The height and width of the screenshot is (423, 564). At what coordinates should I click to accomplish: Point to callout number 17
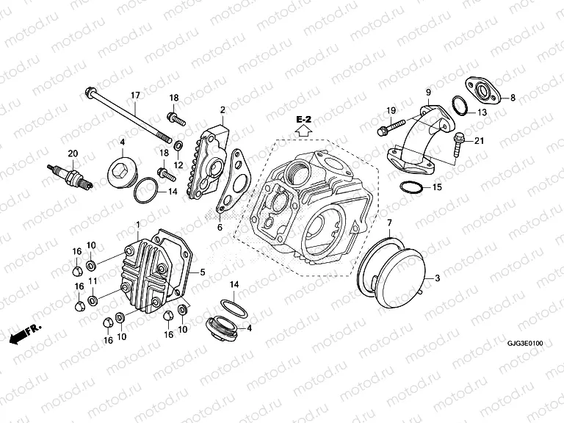point(135,95)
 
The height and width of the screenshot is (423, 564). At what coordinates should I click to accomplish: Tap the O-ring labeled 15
point(411,187)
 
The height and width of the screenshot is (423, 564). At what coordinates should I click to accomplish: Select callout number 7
point(390,222)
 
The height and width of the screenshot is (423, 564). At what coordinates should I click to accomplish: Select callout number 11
point(92,281)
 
